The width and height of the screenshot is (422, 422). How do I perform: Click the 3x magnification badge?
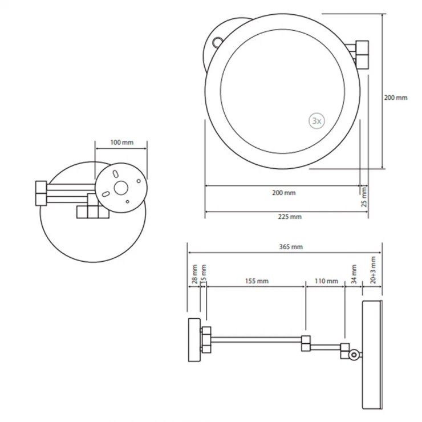pos(316,121)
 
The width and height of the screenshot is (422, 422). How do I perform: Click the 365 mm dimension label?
pos(291,247)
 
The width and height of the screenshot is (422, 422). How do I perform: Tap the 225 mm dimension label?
pos(290,217)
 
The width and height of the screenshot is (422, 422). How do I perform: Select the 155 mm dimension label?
pos(257,281)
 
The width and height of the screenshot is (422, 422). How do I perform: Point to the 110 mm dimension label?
pos(326,281)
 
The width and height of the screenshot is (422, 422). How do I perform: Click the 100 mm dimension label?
pos(122,142)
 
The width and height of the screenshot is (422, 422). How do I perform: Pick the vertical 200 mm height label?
pos(396,98)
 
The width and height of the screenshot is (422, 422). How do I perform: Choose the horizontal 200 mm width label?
pos(284,193)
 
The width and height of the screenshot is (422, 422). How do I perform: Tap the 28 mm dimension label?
pos(194,274)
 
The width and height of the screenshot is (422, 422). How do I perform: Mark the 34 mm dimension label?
pos(354,274)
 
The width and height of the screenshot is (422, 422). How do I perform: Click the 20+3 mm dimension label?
pos(373,270)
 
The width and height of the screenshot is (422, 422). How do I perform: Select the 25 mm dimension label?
pos(364,197)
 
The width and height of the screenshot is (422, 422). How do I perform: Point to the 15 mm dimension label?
pos(204,273)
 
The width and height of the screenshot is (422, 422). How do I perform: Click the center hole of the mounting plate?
pos(121,188)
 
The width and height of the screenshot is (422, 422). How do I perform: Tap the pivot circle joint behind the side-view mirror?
pos(354,355)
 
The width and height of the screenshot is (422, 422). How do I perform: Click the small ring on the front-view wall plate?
pos(217,42)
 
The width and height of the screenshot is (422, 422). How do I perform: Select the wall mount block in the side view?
pos(194,340)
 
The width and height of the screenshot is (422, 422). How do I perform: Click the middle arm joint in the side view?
pos(306,343)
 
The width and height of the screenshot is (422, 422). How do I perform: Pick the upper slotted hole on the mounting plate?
pos(115,173)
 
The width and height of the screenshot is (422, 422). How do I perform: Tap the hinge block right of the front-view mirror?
pos(362,54)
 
